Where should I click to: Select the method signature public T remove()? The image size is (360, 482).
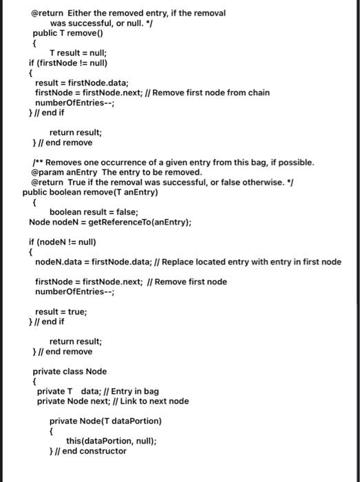[67, 32]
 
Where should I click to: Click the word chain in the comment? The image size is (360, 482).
[257, 92]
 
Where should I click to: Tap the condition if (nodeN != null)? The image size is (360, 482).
[62, 242]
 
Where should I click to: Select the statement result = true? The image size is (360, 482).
[61, 312]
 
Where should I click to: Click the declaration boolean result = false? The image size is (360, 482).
[94, 212]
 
